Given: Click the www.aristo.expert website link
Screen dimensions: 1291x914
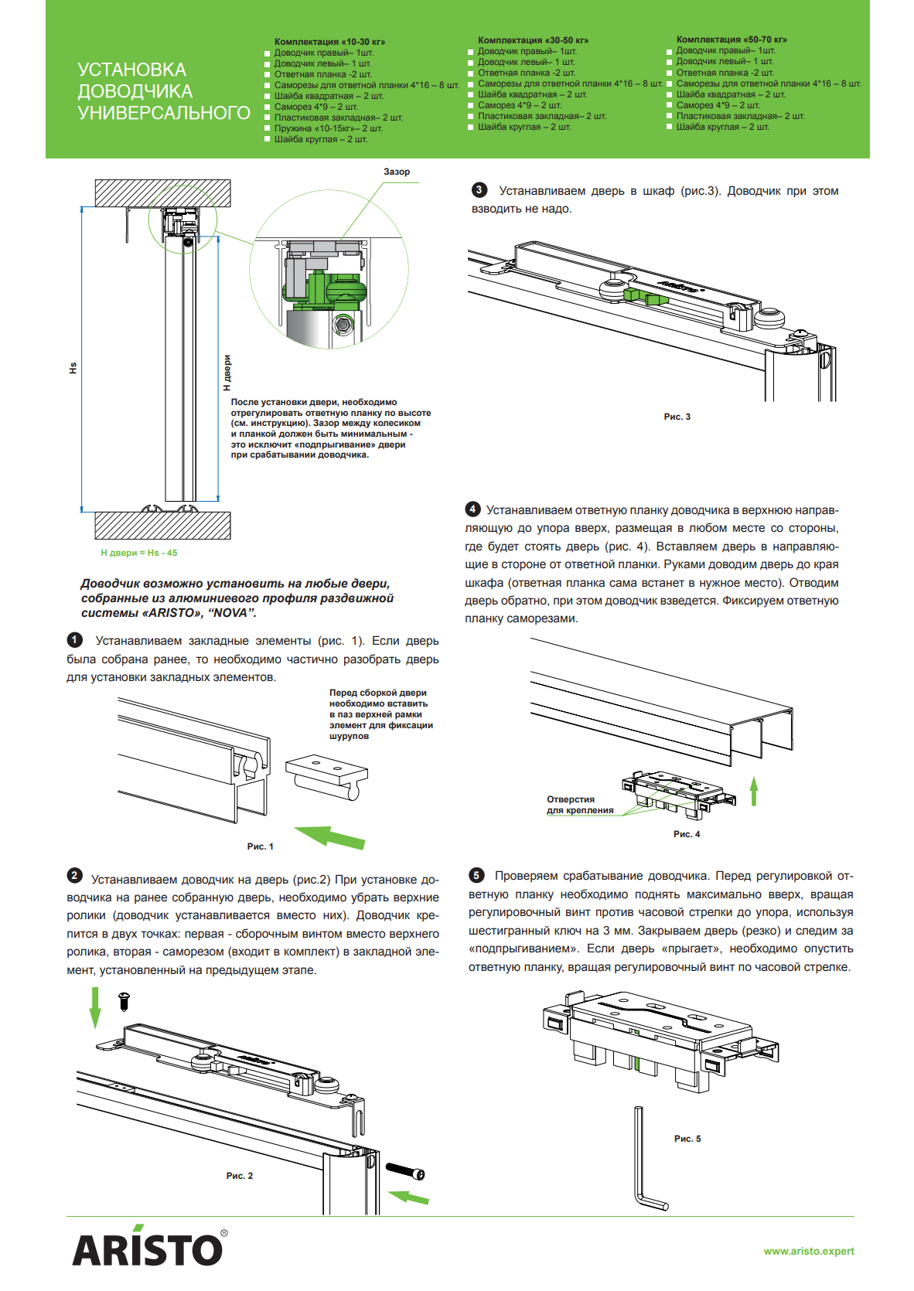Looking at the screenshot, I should click(808, 1251).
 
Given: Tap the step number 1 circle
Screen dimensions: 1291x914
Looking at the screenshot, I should click(75, 640).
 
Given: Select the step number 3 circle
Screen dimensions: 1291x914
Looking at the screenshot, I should click(479, 190).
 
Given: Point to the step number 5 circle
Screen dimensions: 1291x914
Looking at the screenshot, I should click(476, 875).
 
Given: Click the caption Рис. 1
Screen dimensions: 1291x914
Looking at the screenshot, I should click(260, 846).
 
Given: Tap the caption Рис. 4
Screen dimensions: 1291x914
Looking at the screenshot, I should click(687, 834).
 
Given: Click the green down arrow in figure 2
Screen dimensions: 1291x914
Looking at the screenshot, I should click(95, 1007).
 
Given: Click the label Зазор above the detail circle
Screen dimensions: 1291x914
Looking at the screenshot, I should click(397, 172).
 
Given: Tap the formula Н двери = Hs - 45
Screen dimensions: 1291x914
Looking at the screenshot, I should click(139, 553).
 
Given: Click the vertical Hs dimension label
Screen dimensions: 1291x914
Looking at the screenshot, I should click(73, 368).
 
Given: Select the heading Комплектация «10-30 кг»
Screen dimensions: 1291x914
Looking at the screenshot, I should click(329, 42).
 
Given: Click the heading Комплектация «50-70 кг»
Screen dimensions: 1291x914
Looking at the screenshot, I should click(731, 39).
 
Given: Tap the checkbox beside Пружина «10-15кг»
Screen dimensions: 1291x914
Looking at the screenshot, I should click(268, 128).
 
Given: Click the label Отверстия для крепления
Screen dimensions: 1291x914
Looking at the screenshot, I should click(580, 805).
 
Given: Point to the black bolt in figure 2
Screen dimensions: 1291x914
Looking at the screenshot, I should click(405, 1172).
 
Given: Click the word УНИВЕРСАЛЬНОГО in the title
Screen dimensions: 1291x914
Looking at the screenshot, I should click(164, 113).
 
